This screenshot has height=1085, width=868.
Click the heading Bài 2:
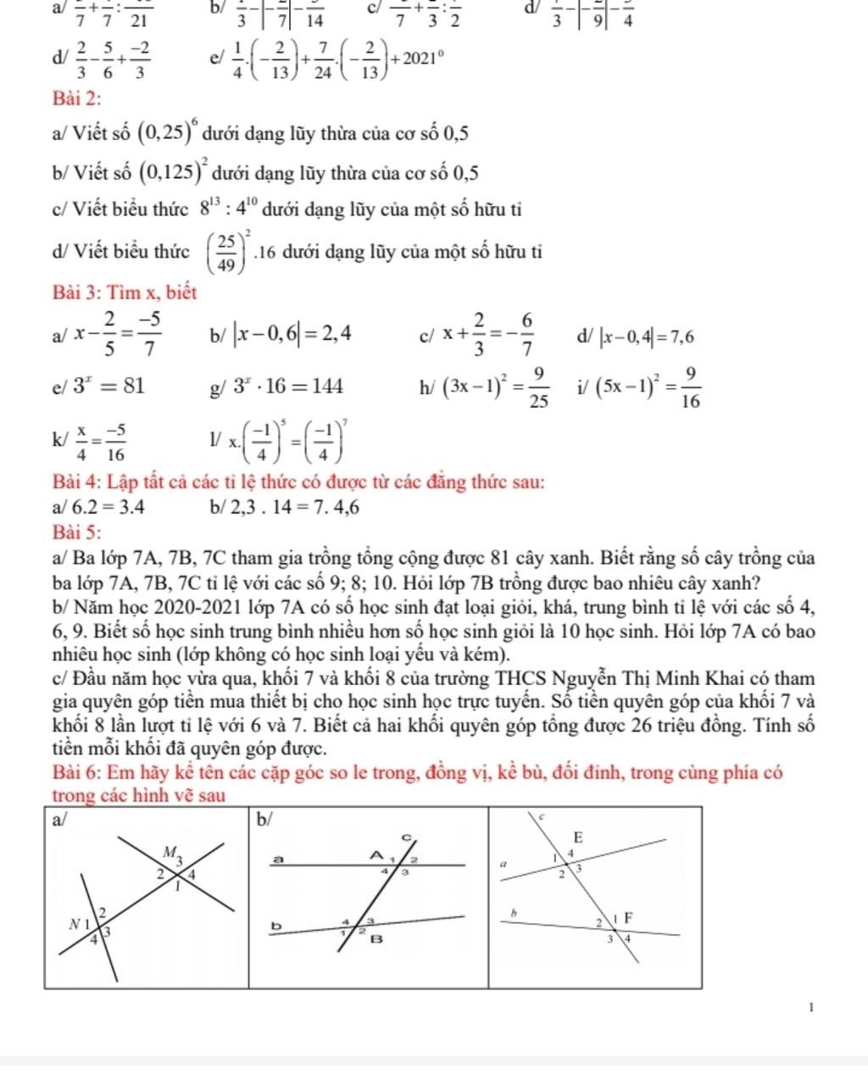76,98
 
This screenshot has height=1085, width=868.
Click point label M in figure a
170,850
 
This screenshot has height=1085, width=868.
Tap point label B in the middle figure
376,938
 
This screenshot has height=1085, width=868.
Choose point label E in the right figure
579,836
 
